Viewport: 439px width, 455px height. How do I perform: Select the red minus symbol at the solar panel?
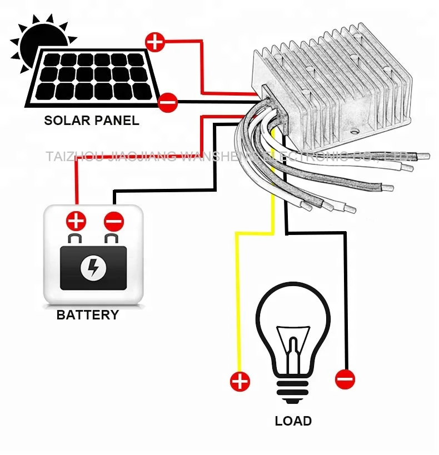(167, 102)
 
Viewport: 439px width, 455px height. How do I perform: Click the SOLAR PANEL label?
(92, 121)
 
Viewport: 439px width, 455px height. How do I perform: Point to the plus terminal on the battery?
(76, 221)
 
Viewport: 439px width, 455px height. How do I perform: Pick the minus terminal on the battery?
(113, 222)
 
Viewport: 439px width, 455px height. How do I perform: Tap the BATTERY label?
(88, 315)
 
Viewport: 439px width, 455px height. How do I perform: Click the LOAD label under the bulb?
(293, 421)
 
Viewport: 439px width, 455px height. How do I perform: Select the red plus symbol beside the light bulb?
(240, 382)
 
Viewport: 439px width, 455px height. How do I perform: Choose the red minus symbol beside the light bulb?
(345, 379)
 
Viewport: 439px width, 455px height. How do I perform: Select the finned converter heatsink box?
(333, 83)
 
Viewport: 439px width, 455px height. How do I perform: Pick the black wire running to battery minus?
(167, 191)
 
